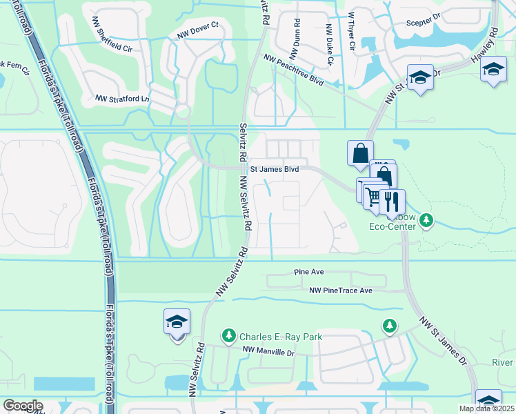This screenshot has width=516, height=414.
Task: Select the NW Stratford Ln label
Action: [122, 99]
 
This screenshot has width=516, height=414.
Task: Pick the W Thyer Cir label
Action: [351, 30]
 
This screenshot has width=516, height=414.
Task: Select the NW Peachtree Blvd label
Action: [292, 71]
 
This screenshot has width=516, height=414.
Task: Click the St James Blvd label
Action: [274, 168]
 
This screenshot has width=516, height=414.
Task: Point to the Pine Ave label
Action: [308, 273]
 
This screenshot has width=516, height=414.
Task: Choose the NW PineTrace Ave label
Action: [340, 290]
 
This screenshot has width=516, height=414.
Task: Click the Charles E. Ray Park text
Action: [281, 337]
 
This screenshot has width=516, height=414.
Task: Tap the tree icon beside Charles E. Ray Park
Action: [228, 335]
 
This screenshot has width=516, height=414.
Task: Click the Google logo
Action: [23, 405]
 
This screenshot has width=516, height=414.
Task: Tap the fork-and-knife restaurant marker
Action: [392, 200]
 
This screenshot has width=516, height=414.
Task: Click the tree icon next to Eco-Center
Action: [427, 220]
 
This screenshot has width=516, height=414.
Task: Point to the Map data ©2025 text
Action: [486, 408]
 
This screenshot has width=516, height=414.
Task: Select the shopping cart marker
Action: [373, 197]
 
